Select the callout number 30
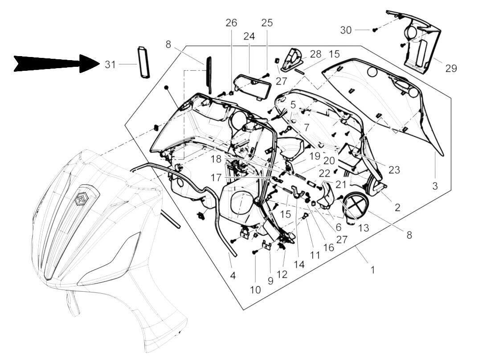(346, 30)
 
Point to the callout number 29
(451, 68)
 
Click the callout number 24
(249, 37)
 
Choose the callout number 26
(231, 23)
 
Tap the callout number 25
(267, 23)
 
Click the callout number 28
(316, 54)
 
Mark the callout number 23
(394, 170)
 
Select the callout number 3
(435, 185)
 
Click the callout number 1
(372, 269)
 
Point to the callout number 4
(233, 276)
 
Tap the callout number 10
(255, 290)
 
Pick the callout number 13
(364, 228)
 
